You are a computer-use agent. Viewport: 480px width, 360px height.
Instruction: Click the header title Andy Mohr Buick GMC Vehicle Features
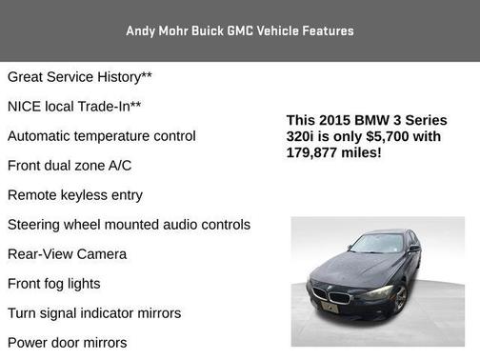pos(239,30)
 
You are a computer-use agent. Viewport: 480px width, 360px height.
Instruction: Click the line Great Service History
pos(80,77)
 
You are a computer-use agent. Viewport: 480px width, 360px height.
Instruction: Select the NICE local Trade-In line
pos(74,107)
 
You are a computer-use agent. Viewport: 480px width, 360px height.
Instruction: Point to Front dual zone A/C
pos(70,166)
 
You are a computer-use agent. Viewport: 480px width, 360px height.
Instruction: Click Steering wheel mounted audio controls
pos(129,225)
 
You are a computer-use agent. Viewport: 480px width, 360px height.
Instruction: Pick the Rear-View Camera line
pos(67,254)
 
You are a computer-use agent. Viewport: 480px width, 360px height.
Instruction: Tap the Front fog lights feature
pos(53,284)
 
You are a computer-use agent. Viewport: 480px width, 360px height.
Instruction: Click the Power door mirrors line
pos(67,343)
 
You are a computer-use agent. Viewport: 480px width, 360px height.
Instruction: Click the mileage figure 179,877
pos(317,151)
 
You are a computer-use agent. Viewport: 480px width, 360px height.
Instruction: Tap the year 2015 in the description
pos(334,121)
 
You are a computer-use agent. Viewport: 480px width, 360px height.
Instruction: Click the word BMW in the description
pos(372,121)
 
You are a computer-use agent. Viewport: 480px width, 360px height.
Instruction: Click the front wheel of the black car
pos(401,298)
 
